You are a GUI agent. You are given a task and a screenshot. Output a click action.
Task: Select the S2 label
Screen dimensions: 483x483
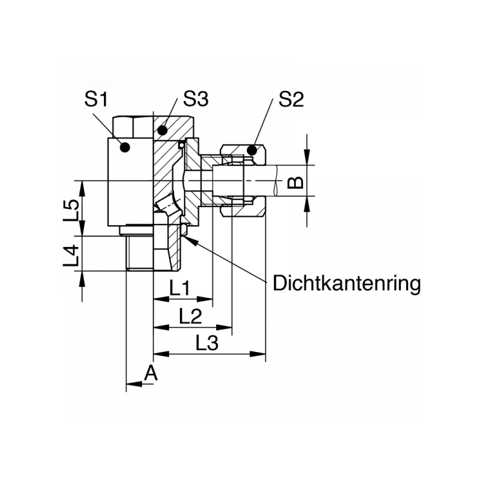290,99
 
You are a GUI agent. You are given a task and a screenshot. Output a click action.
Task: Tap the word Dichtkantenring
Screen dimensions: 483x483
347,283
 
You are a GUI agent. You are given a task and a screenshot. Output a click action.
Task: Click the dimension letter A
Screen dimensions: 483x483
151,373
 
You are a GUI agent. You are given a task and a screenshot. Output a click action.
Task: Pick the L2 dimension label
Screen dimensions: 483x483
190,316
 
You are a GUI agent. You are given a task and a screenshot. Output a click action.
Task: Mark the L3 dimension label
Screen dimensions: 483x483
207,344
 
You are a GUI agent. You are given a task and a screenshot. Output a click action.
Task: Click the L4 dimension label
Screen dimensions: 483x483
72,255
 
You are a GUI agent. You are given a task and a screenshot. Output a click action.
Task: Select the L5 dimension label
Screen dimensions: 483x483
72,209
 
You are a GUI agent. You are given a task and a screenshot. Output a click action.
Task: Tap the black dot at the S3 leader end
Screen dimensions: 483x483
162,129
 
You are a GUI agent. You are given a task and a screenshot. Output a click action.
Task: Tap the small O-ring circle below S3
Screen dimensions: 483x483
181,145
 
